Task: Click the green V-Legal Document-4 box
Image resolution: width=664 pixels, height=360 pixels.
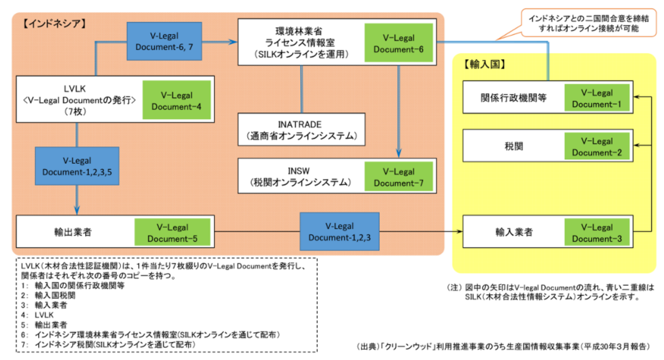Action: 176,101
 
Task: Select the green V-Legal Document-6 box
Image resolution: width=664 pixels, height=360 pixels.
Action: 399,44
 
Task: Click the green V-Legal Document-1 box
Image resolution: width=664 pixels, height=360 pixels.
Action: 596,99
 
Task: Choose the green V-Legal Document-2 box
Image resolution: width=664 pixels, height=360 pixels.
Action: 596,147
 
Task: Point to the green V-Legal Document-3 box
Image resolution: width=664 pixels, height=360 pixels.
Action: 596,233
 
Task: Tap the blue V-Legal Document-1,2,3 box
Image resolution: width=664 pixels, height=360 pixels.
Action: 339,232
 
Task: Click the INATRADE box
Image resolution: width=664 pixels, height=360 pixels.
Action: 301,129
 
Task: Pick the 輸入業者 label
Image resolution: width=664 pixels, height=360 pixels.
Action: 510,233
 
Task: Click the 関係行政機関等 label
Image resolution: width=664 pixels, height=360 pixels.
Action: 510,98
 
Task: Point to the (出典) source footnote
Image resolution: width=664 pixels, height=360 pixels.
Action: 504,346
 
